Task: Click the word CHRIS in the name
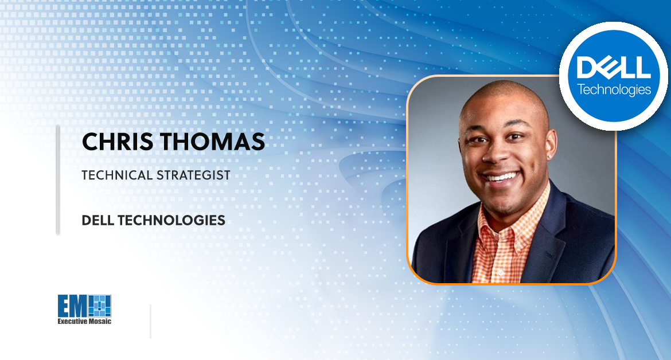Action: (117, 142)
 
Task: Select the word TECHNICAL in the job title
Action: (117, 175)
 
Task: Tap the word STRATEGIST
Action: (193, 175)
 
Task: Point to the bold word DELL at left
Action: (97, 220)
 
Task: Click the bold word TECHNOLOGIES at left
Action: (171, 220)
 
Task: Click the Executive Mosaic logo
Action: (84, 309)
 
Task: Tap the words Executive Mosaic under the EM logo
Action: (84, 321)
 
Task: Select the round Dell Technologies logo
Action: (613, 76)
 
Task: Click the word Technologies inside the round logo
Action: (614, 89)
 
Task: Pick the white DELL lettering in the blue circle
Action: (614, 66)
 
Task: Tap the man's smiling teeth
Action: (501, 177)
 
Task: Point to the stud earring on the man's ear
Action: (549, 157)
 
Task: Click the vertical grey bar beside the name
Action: (58, 180)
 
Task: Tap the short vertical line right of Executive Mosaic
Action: (151, 322)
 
